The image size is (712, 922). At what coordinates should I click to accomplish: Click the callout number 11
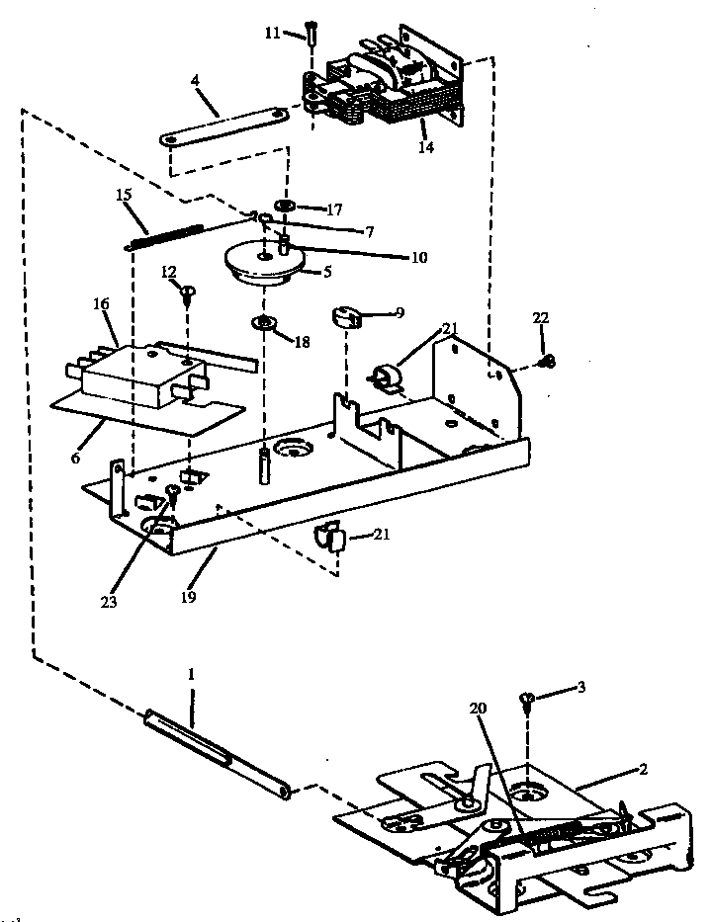click(x=272, y=34)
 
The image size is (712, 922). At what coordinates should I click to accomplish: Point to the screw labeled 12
click(x=187, y=291)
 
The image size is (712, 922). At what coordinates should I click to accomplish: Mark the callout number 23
click(x=110, y=600)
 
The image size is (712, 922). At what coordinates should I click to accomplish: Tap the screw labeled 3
click(x=528, y=701)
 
